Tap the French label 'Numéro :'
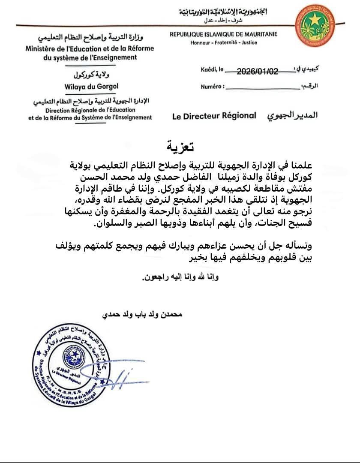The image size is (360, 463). [x=212, y=87]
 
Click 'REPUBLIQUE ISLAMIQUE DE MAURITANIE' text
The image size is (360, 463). [x=223, y=34]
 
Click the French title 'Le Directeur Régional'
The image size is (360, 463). [x=214, y=116]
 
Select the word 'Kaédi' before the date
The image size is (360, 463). [x=209, y=70]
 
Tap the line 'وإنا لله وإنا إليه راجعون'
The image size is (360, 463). [x=180, y=277]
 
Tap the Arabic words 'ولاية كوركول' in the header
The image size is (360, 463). [x=90, y=74]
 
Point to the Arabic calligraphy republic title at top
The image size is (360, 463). [x=222, y=12]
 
